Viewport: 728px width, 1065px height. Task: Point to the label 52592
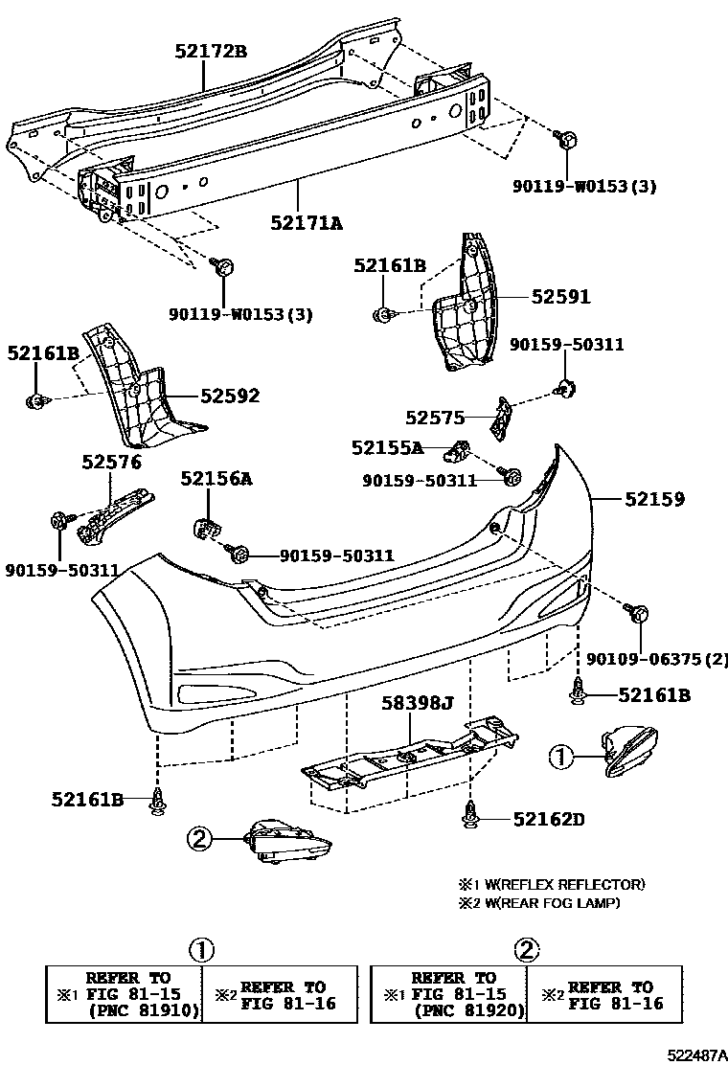point(230,396)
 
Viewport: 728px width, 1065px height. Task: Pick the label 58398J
point(419,704)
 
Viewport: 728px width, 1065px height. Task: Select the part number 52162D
point(548,819)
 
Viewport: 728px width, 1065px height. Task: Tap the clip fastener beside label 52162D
point(469,815)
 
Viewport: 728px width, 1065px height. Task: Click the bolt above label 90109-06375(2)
point(639,613)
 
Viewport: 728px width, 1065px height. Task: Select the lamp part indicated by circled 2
point(287,842)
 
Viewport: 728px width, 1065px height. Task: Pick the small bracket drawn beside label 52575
point(501,417)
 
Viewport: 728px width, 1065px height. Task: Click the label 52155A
point(386,447)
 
